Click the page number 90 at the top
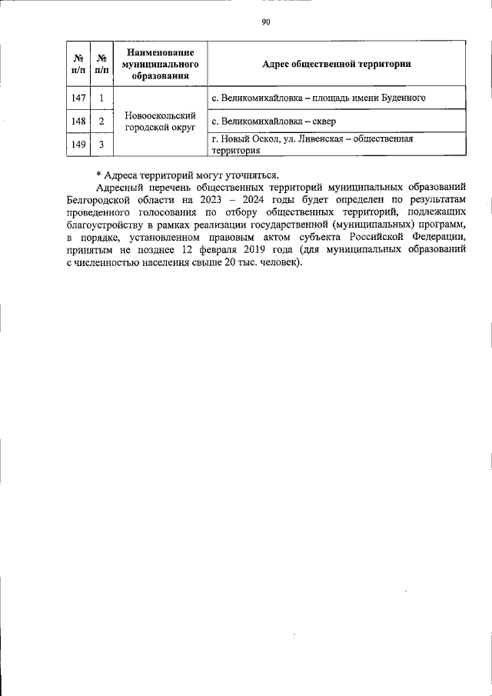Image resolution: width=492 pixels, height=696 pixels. click(265, 22)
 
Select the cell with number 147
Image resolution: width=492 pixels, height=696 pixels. click(78, 98)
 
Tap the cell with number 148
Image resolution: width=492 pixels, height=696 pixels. click(78, 121)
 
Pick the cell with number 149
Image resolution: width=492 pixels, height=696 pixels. click(78, 144)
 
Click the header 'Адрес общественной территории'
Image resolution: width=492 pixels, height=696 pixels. click(336, 64)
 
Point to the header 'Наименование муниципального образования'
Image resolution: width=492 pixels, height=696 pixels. click(159, 64)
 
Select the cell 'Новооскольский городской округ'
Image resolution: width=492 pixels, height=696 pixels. click(159, 121)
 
